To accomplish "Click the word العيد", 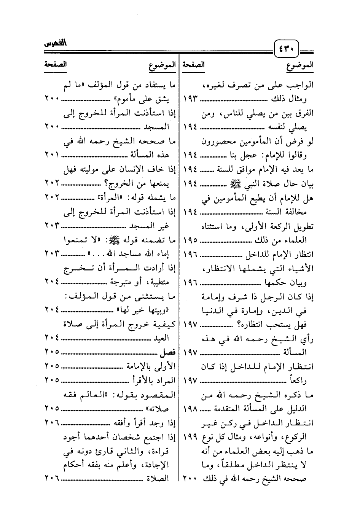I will click(x=161, y=338).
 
